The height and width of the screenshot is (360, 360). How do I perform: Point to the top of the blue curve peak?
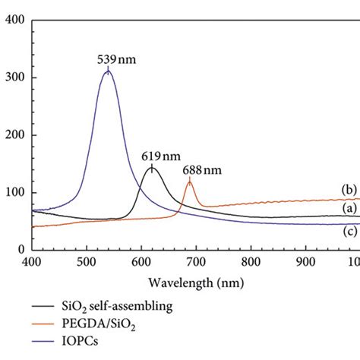tap(108, 71)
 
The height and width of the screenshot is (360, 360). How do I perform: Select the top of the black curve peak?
tap(151, 167)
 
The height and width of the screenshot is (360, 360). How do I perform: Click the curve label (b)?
tap(348, 189)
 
